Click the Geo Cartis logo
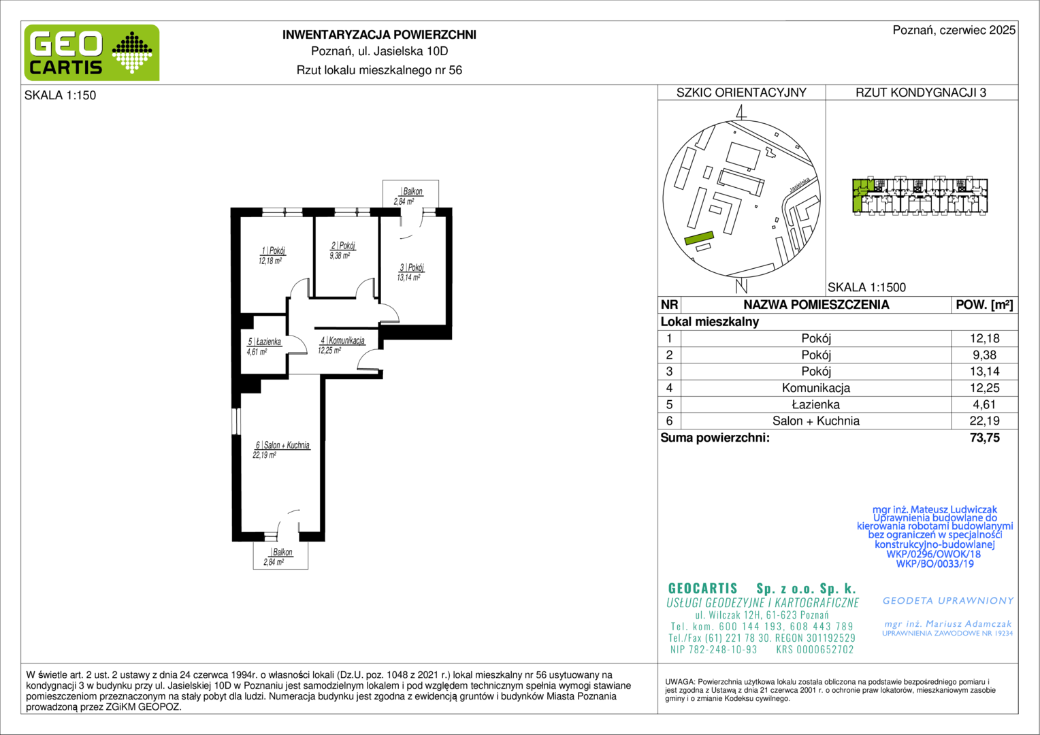91,52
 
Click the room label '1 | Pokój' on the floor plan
273,250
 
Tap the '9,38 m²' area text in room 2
340,255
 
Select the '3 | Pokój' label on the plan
412,267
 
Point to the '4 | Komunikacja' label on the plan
342,340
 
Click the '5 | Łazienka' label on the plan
264,342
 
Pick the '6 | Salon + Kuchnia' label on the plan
282,445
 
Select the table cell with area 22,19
984,421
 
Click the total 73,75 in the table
984,438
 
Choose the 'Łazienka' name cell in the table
816,404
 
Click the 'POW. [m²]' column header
984,305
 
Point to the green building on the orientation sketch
699,238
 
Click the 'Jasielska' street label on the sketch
800,184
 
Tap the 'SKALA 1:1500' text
866,287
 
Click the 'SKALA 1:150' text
61,95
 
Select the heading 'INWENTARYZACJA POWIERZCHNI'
379,35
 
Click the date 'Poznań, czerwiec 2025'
954,30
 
